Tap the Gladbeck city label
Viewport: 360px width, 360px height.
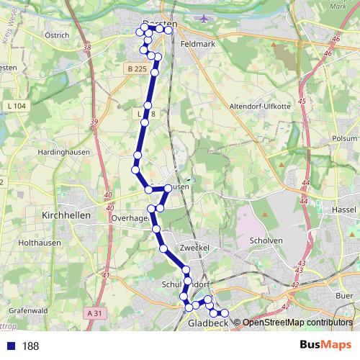point(207,324)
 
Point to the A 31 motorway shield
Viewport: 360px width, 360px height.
point(94,313)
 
